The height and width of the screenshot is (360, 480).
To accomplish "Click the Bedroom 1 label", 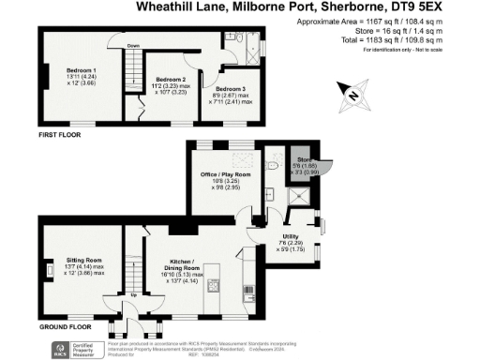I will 79,70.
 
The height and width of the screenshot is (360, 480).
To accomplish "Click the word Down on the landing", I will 135,45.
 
